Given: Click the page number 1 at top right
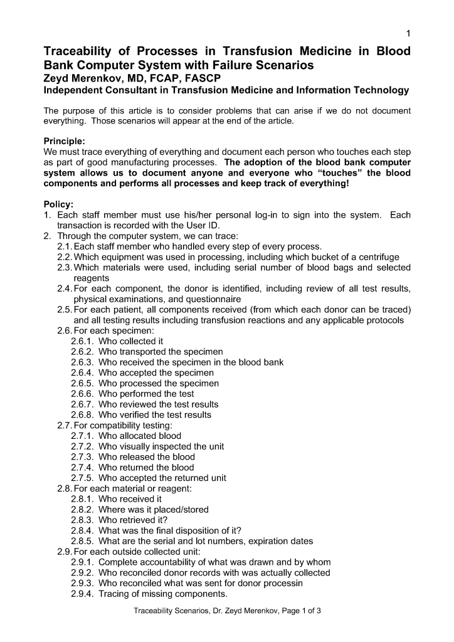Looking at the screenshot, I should pyautogui.click(x=408, y=33).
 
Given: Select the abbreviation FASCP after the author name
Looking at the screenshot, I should pyautogui.click(x=201, y=78).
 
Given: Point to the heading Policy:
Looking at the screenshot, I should pyautogui.click(x=58, y=204).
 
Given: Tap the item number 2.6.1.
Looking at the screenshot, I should pyautogui.click(x=82, y=341).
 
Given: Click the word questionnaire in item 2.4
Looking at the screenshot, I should pyautogui.click(x=205, y=299).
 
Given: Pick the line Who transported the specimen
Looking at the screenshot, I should pyautogui.click(x=161, y=352).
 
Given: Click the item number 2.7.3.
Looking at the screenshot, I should pyautogui.click(x=82, y=457).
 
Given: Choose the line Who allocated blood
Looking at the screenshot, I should pyautogui.click(x=139, y=436).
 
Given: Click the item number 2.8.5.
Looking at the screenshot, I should pyautogui.click(x=82, y=541).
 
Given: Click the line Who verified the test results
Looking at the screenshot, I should pyautogui.click(x=155, y=414).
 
